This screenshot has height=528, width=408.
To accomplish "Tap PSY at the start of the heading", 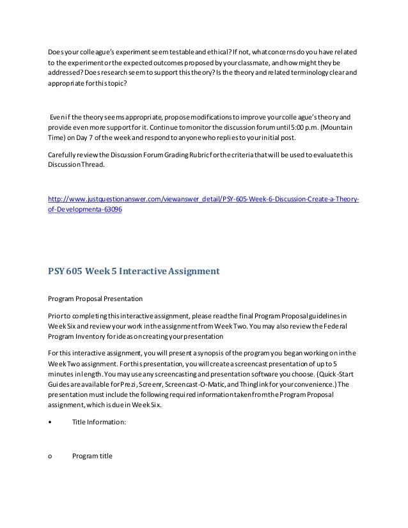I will (59, 270).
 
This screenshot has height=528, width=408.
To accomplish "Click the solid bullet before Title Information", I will (50, 422).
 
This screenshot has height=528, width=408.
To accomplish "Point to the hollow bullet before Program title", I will (50, 456).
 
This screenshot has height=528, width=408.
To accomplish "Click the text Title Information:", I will (99, 422).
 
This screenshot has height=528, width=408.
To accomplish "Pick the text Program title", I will (92, 456).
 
